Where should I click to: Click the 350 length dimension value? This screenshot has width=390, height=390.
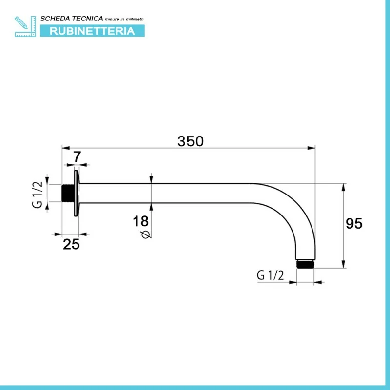pyautogui.click(x=191, y=141)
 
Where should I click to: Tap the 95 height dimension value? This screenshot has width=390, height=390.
pyautogui.click(x=354, y=223)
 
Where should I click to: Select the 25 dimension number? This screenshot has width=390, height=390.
pyautogui.click(x=71, y=244)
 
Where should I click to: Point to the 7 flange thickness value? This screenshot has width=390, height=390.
pyautogui.click(x=77, y=156)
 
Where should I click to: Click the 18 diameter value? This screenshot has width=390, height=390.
pyautogui.click(x=140, y=221)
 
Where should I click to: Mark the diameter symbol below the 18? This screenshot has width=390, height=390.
pyautogui.click(x=146, y=234)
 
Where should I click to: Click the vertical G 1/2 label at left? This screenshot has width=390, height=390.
pyautogui.click(x=38, y=195)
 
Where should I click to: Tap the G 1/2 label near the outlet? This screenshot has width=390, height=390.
pyautogui.click(x=270, y=275)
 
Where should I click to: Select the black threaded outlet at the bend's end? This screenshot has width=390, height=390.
pyautogui.click(x=306, y=264)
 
